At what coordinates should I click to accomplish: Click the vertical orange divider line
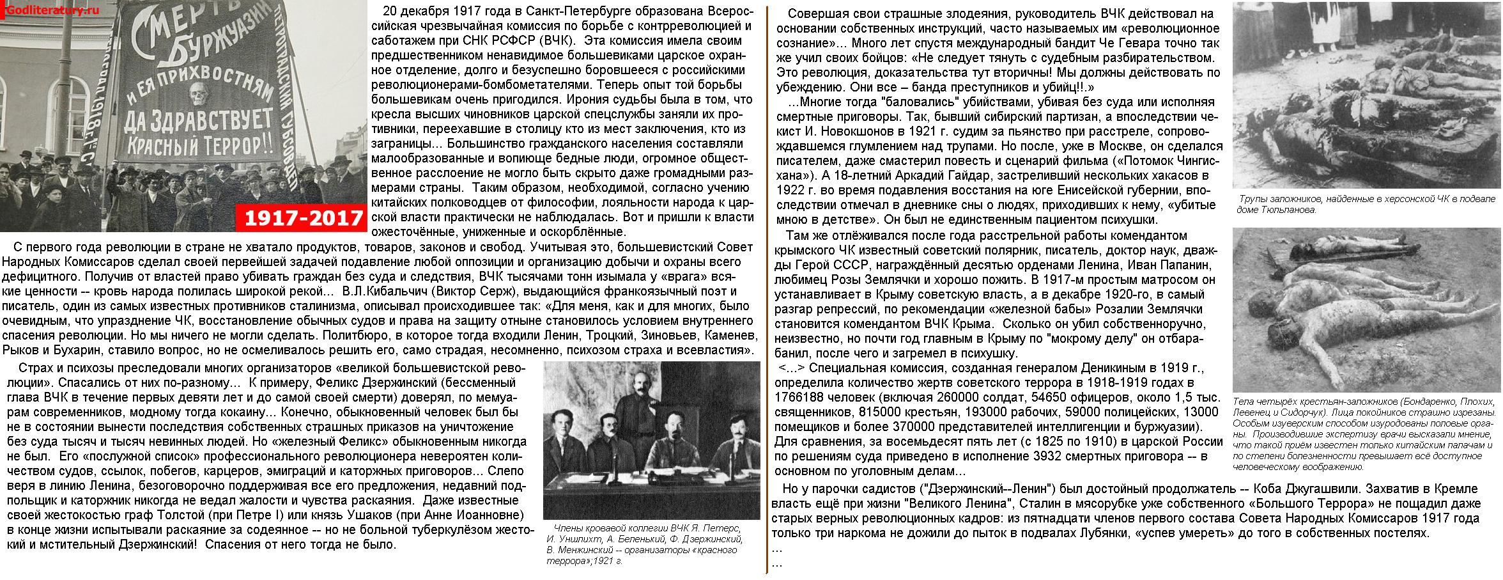coord(766,288)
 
